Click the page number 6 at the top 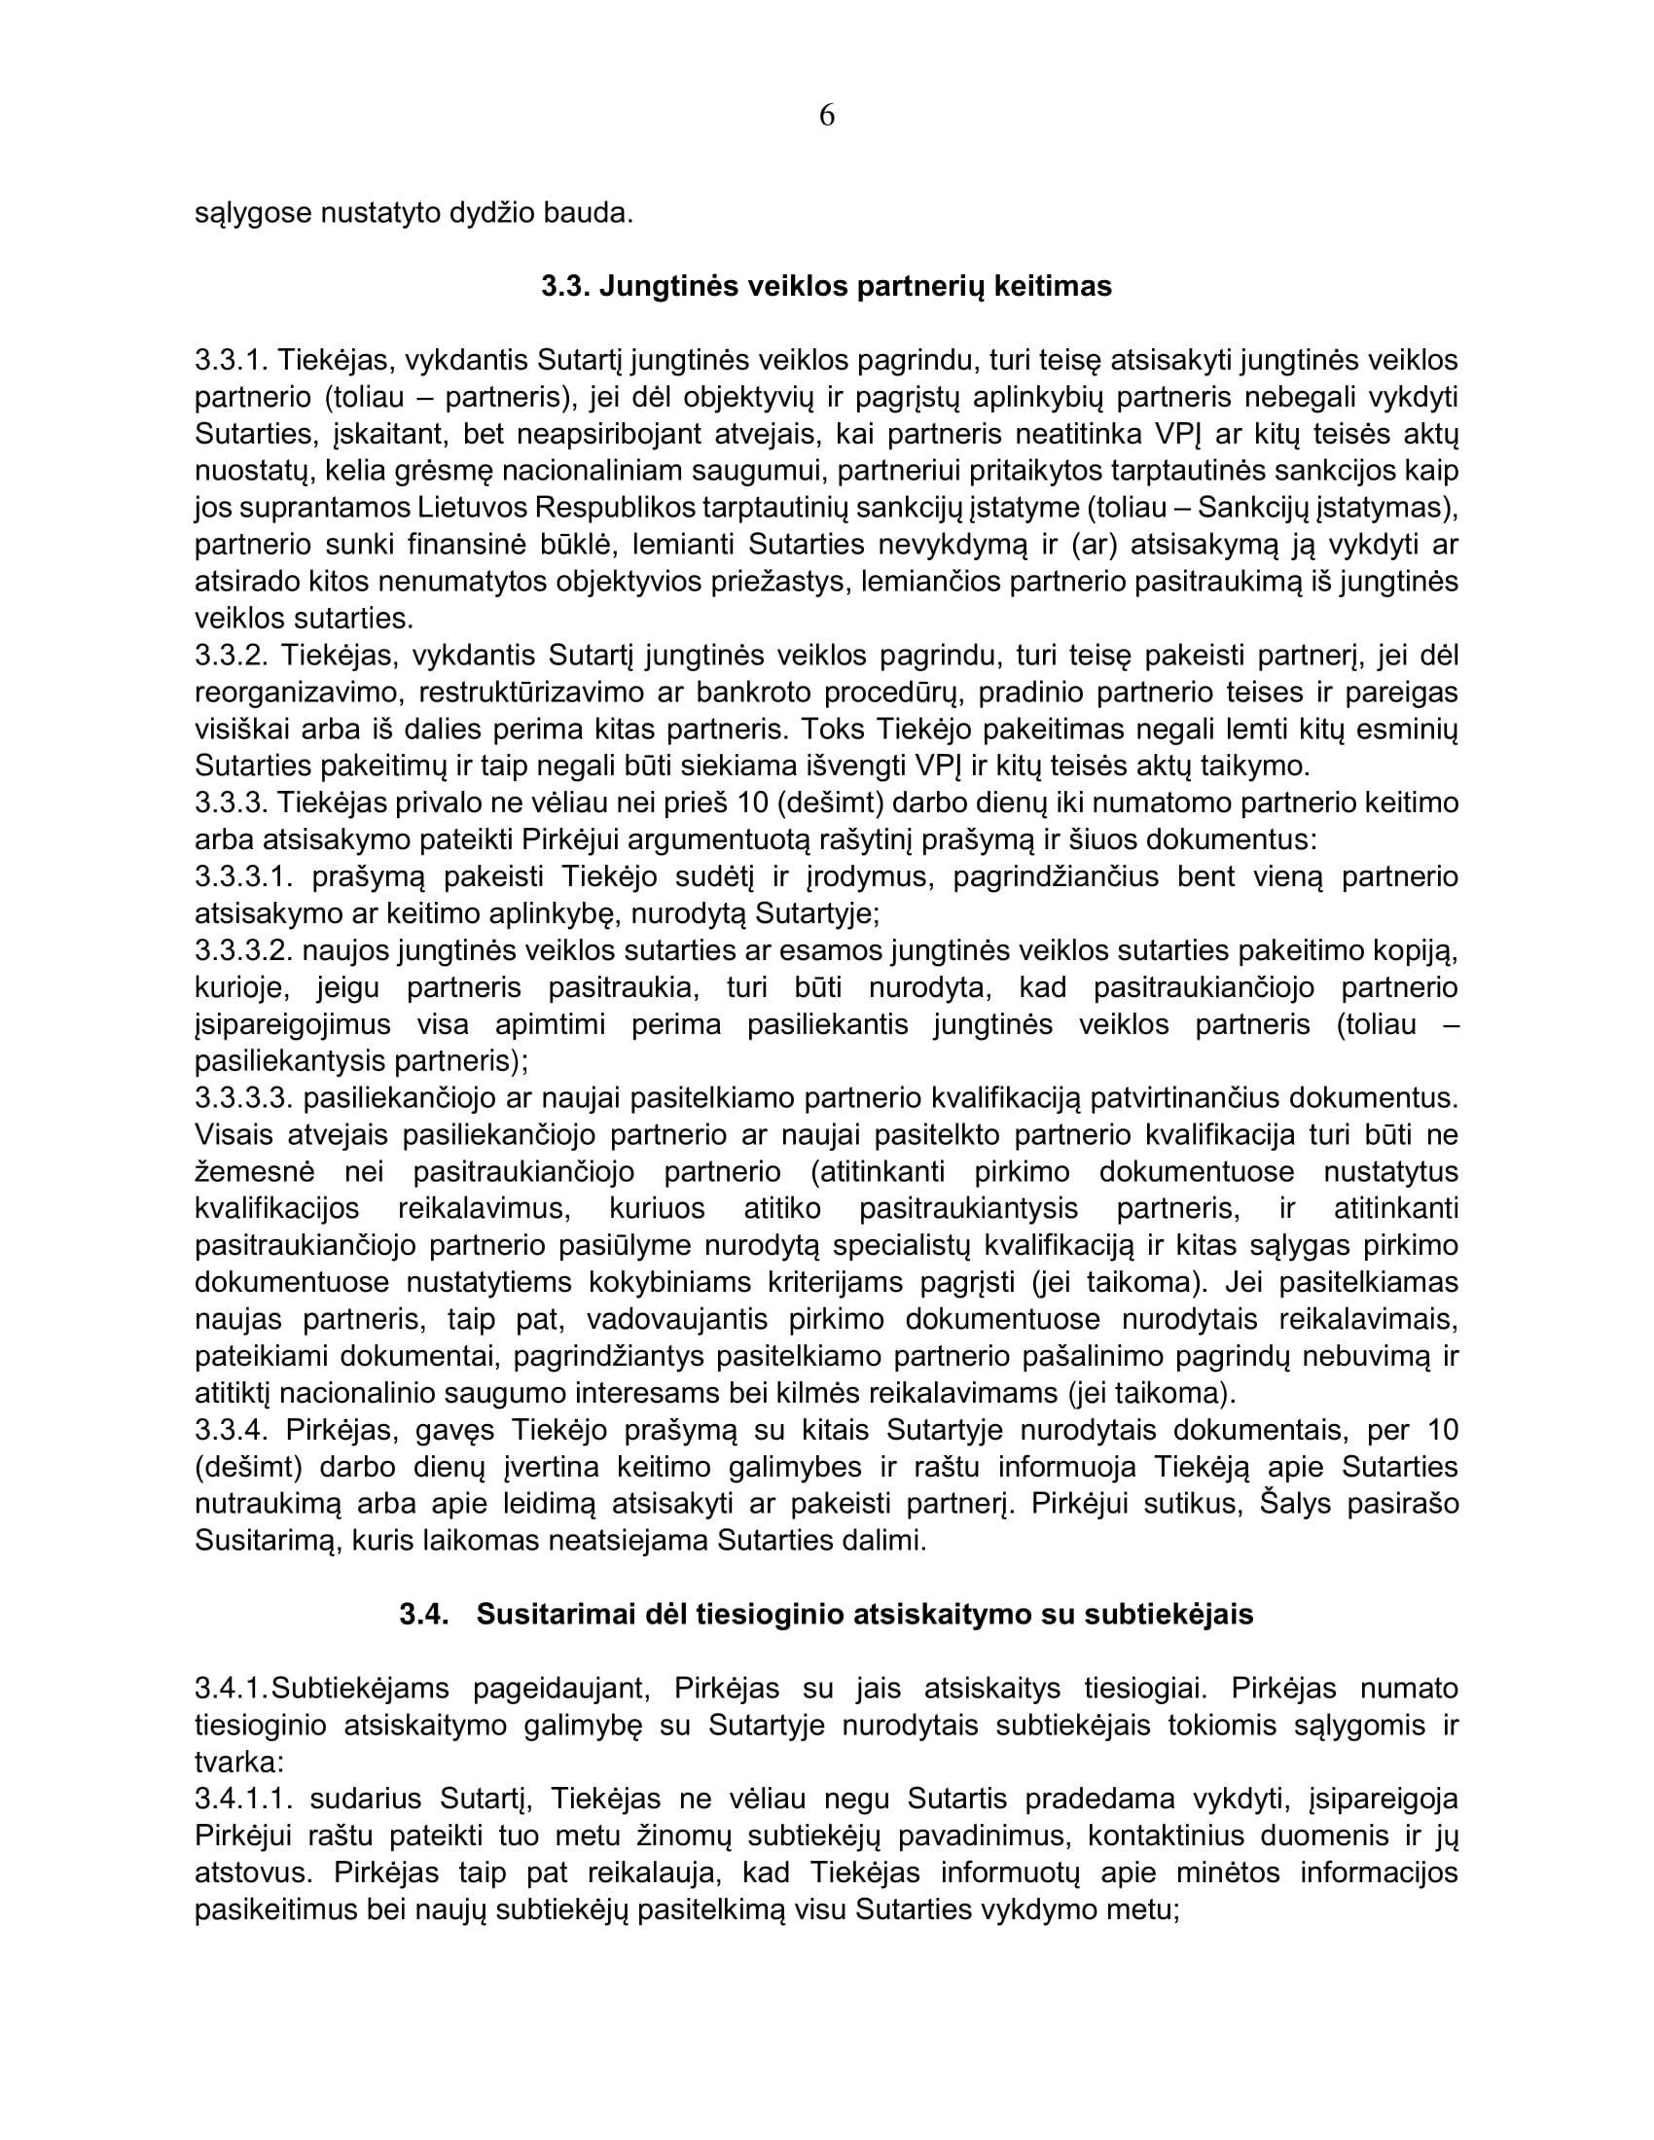click(826, 116)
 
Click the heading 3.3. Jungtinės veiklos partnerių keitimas click(826, 286)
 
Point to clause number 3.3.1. click(231, 361)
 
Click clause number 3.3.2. click(232, 655)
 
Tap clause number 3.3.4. click(232, 1430)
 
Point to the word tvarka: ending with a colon click(239, 1762)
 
